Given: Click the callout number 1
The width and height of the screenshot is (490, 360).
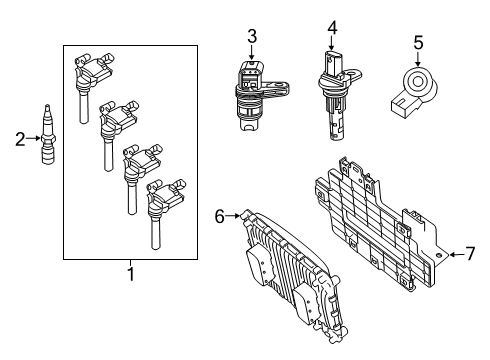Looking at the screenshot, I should [x=129, y=272].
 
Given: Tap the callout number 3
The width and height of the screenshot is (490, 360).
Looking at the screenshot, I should [x=252, y=37].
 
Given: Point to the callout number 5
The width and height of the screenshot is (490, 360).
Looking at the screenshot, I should [x=418, y=42].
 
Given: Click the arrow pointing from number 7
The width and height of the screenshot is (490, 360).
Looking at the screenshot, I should [x=452, y=255].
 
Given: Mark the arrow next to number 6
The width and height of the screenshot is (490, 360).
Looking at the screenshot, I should [x=235, y=214].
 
